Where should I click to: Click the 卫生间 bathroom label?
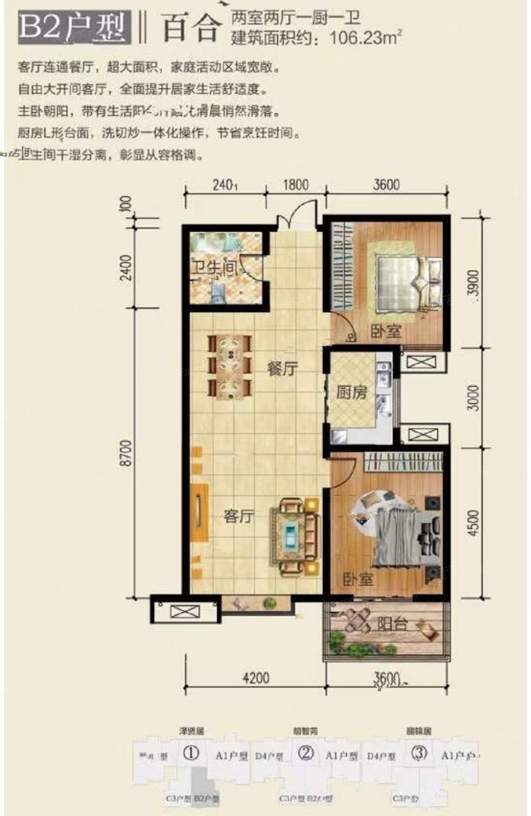[215, 268]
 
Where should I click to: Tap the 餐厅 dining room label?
[282, 370]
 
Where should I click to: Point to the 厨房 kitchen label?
[351, 393]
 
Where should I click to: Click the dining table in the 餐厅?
[230, 367]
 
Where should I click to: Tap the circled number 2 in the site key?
[305, 753]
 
